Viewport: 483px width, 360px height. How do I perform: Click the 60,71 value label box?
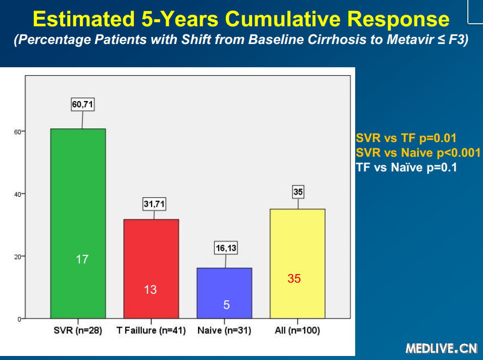(82, 105)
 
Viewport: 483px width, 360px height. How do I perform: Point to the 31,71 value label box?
(154, 204)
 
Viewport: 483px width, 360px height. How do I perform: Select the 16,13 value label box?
(226, 248)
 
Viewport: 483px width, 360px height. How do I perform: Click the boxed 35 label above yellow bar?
(298, 192)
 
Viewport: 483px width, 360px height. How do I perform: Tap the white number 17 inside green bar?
(82, 259)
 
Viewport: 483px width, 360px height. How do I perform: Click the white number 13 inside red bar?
(151, 290)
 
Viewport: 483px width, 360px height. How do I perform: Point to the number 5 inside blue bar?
(226, 305)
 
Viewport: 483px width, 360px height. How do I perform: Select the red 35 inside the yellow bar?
(294, 279)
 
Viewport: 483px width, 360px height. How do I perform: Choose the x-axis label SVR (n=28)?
(78, 331)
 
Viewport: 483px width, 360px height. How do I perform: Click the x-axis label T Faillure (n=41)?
(151, 331)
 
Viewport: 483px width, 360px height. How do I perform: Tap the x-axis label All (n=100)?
(297, 331)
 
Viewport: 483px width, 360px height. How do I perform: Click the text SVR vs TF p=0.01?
(406, 138)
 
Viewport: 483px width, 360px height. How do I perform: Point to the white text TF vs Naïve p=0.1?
(407, 167)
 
